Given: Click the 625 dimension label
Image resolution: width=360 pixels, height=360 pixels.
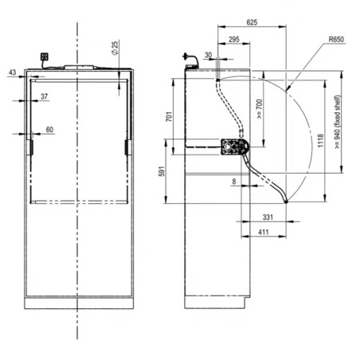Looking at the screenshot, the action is point(252,22).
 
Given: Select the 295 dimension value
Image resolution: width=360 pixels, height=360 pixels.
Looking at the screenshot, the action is point(234,39).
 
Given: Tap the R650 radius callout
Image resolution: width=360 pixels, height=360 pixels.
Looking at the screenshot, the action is point(336,39).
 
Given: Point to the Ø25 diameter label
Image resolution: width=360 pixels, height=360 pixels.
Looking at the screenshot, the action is point(115,48).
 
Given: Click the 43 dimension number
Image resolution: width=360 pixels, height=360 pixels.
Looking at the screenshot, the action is point(13,72).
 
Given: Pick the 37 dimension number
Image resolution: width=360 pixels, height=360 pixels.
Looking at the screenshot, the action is point(45,96).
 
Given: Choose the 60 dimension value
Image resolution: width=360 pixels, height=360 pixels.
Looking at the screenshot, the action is point(49,130).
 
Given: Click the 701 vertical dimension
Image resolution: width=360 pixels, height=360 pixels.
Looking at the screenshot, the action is point(169,116).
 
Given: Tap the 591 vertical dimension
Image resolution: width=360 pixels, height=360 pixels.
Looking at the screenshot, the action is point(162,171).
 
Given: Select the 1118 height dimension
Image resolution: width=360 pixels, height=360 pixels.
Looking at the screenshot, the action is point(321,141).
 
